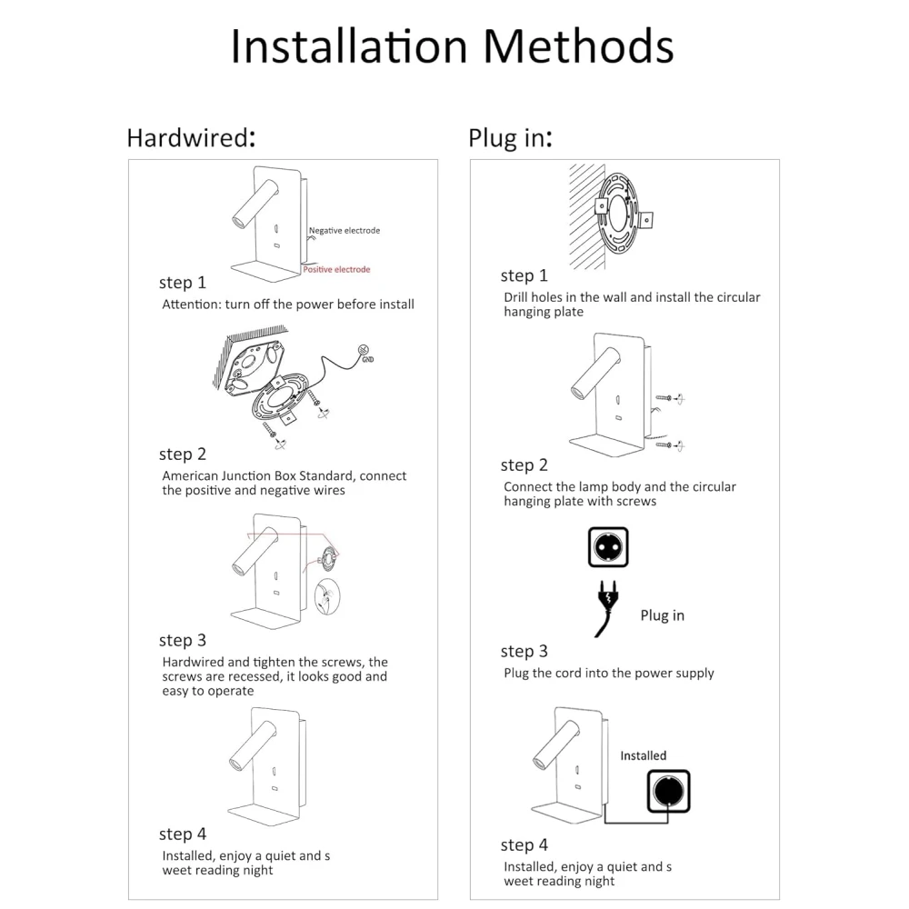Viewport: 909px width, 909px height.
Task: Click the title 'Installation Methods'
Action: (x=452, y=46)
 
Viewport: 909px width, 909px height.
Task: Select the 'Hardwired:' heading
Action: (x=191, y=138)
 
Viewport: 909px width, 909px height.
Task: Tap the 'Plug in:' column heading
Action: (x=510, y=138)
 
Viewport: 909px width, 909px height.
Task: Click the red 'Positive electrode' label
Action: (x=336, y=270)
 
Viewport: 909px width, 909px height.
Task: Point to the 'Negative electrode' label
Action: (x=345, y=231)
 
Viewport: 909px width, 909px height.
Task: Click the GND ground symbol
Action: (x=365, y=352)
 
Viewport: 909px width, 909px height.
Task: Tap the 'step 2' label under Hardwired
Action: (x=183, y=454)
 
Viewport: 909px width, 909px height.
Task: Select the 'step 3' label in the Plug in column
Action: (x=524, y=652)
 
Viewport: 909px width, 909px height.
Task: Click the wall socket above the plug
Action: (x=608, y=546)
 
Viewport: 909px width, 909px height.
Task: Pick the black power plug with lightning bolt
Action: (x=606, y=607)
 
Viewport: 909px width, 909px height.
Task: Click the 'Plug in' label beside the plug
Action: (x=662, y=615)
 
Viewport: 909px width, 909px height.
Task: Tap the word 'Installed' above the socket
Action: (x=644, y=755)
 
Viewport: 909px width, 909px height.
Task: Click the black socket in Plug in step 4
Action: (x=668, y=792)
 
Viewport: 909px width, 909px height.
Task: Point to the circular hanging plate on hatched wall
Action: (x=619, y=215)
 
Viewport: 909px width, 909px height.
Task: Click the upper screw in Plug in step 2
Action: (x=670, y=398)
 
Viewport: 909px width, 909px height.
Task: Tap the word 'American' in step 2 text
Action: (x=190, y=476)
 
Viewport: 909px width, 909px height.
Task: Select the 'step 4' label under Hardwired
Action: (x=183, y=834)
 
